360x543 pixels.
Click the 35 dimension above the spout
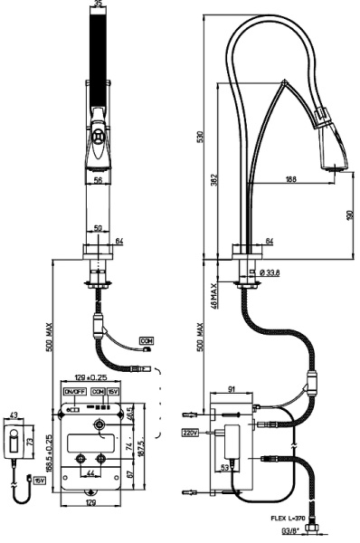point(99,5)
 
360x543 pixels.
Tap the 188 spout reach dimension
point(291,179)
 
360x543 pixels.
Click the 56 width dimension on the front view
point(99,181)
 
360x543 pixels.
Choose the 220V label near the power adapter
point(191,433)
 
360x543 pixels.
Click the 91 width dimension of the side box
point(232,389)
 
